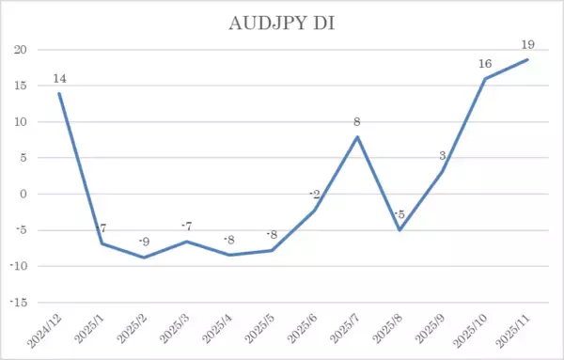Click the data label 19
coord(527,44)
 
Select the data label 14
coord(59,78)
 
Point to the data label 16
coord(485,63)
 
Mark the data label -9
coord(143,242)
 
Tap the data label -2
coord(313,194)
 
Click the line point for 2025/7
coord(357,136)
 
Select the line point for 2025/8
coord(399,230)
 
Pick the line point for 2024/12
coord(59,93)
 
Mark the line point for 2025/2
coord(144,258)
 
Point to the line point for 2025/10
coord(485,79)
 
